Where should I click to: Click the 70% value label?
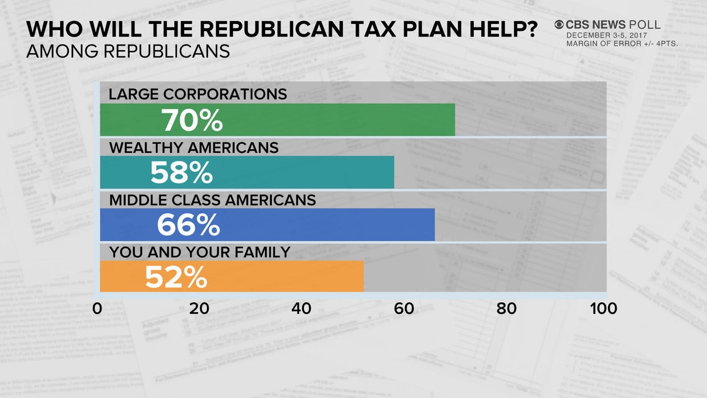click(192, 120)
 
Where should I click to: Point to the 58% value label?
click(181, 173)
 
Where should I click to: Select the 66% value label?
click(188, 225)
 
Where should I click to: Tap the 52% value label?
click(176, 277)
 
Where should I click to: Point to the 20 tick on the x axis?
click(199, 308)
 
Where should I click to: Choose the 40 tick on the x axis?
click(301, 308)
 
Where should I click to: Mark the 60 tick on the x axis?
click(404, 308)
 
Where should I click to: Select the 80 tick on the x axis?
click(506, 308)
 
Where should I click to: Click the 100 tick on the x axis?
click(604, 308)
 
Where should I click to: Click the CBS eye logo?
click(559, 25)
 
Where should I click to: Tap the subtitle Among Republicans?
click(128, 51)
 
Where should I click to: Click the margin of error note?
click(621, 44)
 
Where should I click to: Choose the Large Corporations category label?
click(198, 94)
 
